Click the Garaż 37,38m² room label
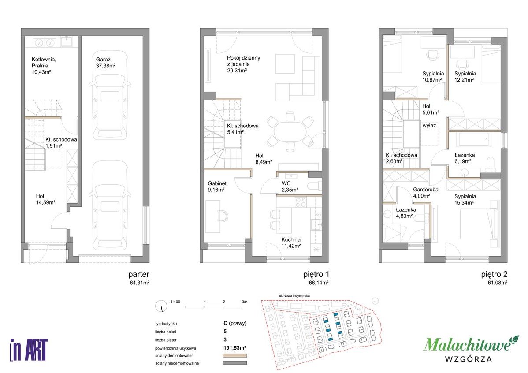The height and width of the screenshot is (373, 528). click(x=106, y=63)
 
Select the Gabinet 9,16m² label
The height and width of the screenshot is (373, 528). click(x=217, y=186)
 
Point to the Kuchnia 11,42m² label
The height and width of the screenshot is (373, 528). click(x=291, y=242)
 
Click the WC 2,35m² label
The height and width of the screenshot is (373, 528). click(x=290, y=186)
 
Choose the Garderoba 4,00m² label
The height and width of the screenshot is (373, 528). click(x=426, y=193)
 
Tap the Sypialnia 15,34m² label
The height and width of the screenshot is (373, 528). click(x=465, y=199)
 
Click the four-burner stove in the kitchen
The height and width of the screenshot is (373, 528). click(x=301, y=202)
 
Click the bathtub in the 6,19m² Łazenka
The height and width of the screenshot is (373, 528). click(x=473, y=139)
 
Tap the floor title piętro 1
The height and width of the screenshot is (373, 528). click(x=316, y=274)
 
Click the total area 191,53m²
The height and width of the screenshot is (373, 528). click(x=235, y=348)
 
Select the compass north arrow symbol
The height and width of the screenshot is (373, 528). click(x=161, y=306)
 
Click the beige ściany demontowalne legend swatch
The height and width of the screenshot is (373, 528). click(x=235, y=355)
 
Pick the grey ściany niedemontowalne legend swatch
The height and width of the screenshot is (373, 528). click(x=235, y=363)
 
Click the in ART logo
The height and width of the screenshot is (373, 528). click(x=29, y=350)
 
